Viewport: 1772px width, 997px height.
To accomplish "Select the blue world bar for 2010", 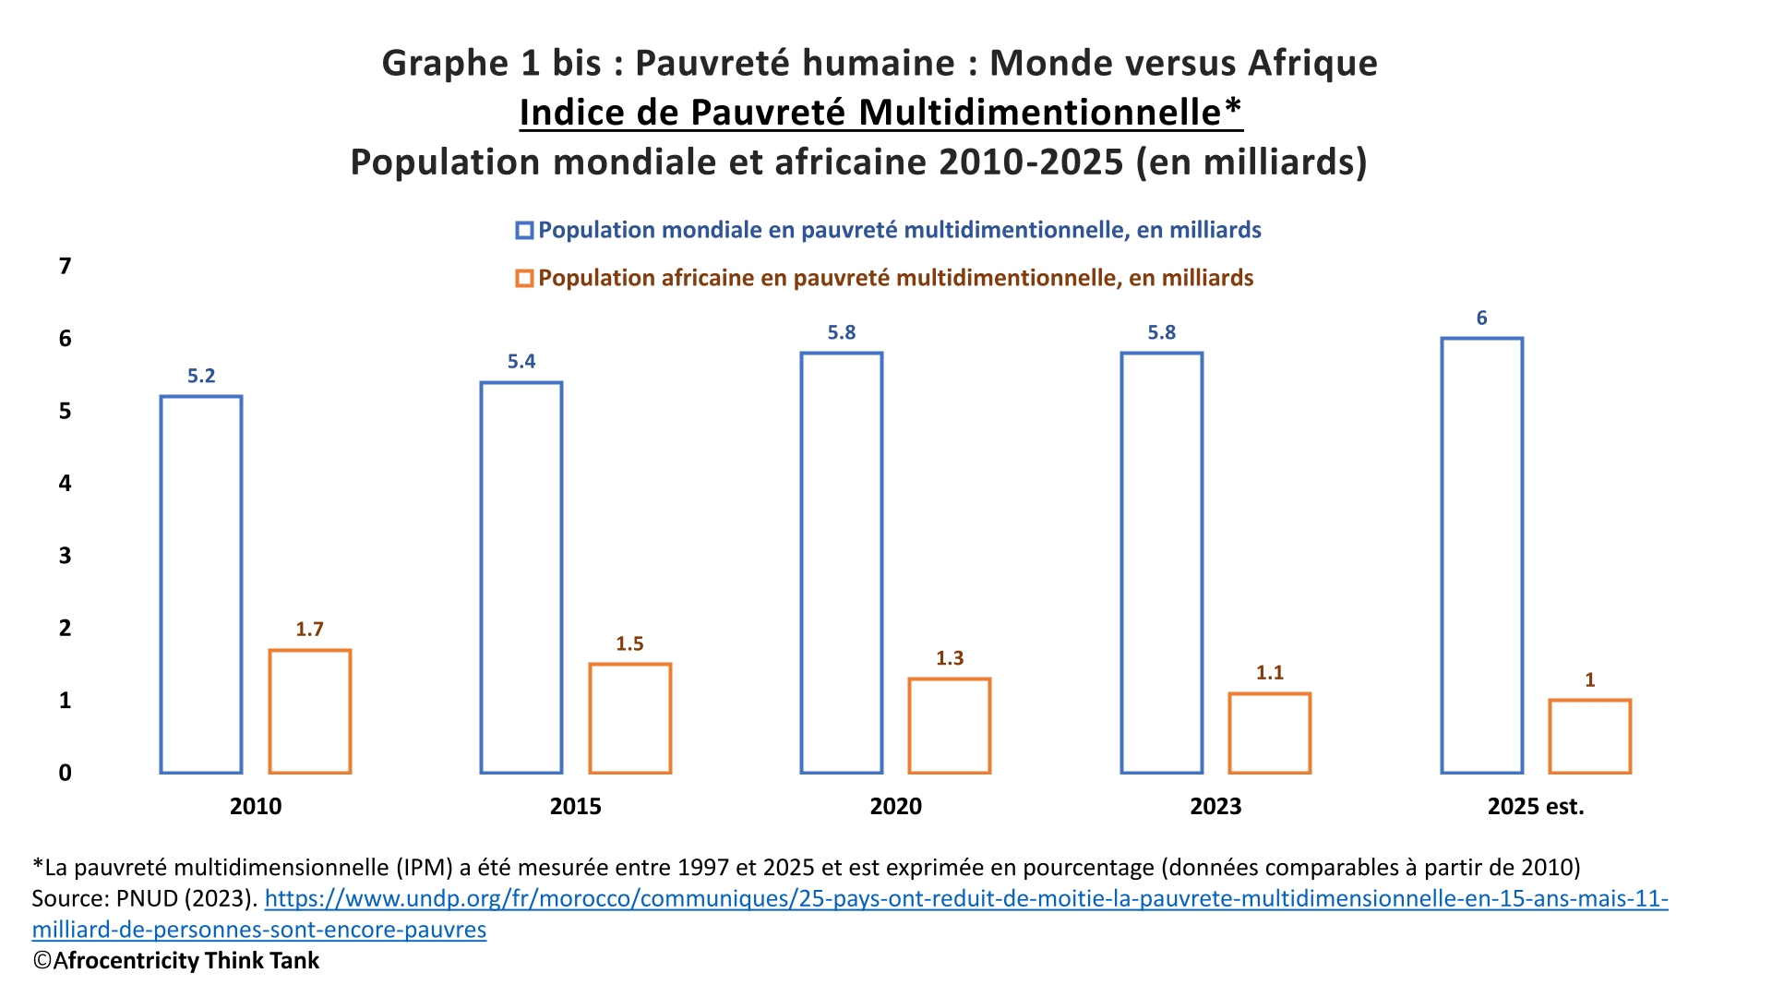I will click(201, 584).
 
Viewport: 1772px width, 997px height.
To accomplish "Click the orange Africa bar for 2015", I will click(630, 718).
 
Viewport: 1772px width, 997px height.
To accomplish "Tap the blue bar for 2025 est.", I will click(1481, 556).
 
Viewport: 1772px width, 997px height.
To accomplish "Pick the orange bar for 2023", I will click(1269, 733).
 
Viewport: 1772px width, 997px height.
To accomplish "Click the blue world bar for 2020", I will click(841, 563).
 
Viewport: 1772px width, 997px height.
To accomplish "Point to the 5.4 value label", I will click(521, 362).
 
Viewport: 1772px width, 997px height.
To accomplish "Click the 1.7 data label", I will click(309, 630).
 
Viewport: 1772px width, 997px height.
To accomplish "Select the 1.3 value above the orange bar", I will click(950, 658).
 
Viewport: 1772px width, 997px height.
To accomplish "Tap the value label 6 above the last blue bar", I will click(1481, 318).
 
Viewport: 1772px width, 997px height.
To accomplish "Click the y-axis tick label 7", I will click(65, 267).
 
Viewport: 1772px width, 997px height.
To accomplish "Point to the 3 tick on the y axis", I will click(65, 556).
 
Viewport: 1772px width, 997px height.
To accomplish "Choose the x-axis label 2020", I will click(895, 807).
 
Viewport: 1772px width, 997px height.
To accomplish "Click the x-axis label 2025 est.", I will click(1535, 807).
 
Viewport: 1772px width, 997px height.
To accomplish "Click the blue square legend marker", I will click(524, 231).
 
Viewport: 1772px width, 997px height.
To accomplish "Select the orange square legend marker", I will click(524, 279).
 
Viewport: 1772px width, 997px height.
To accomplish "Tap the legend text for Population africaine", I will click(895, 279).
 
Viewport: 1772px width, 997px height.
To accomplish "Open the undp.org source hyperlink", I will click(965, 898).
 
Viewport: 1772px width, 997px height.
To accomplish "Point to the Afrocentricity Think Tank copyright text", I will click(176, 961).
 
